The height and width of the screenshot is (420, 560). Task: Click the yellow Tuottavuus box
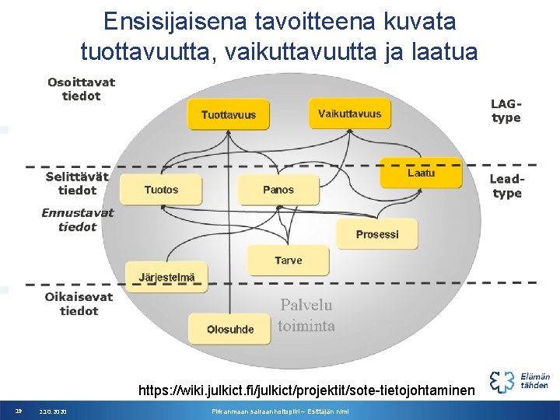tap(228, 114)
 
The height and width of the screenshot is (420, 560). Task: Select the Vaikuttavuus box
tap(349, 114)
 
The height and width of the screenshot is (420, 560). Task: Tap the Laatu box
tap(421, 173)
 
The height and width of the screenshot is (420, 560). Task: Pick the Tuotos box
tap(161, 190)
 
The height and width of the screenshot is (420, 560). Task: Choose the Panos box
tap(278, 190)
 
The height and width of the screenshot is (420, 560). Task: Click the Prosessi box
tap(377, 234)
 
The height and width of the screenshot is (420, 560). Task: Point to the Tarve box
tap(288, 261)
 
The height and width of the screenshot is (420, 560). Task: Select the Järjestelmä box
tap(166, 277)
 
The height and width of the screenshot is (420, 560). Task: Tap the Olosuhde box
tap(230, 329)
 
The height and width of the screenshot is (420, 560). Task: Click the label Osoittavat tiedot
tap(81, 89)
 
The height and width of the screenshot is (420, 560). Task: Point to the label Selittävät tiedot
tap(77, 184)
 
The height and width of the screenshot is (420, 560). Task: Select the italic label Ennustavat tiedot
tap(78, 219)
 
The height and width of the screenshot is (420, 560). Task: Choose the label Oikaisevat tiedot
tap(79, 303)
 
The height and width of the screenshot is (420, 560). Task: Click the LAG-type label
tap(506, 110)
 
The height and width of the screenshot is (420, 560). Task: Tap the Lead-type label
tap(506, 186)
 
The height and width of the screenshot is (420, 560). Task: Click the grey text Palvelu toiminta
tap(306, 315)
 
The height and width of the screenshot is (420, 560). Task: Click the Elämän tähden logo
tap(520, 380)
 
